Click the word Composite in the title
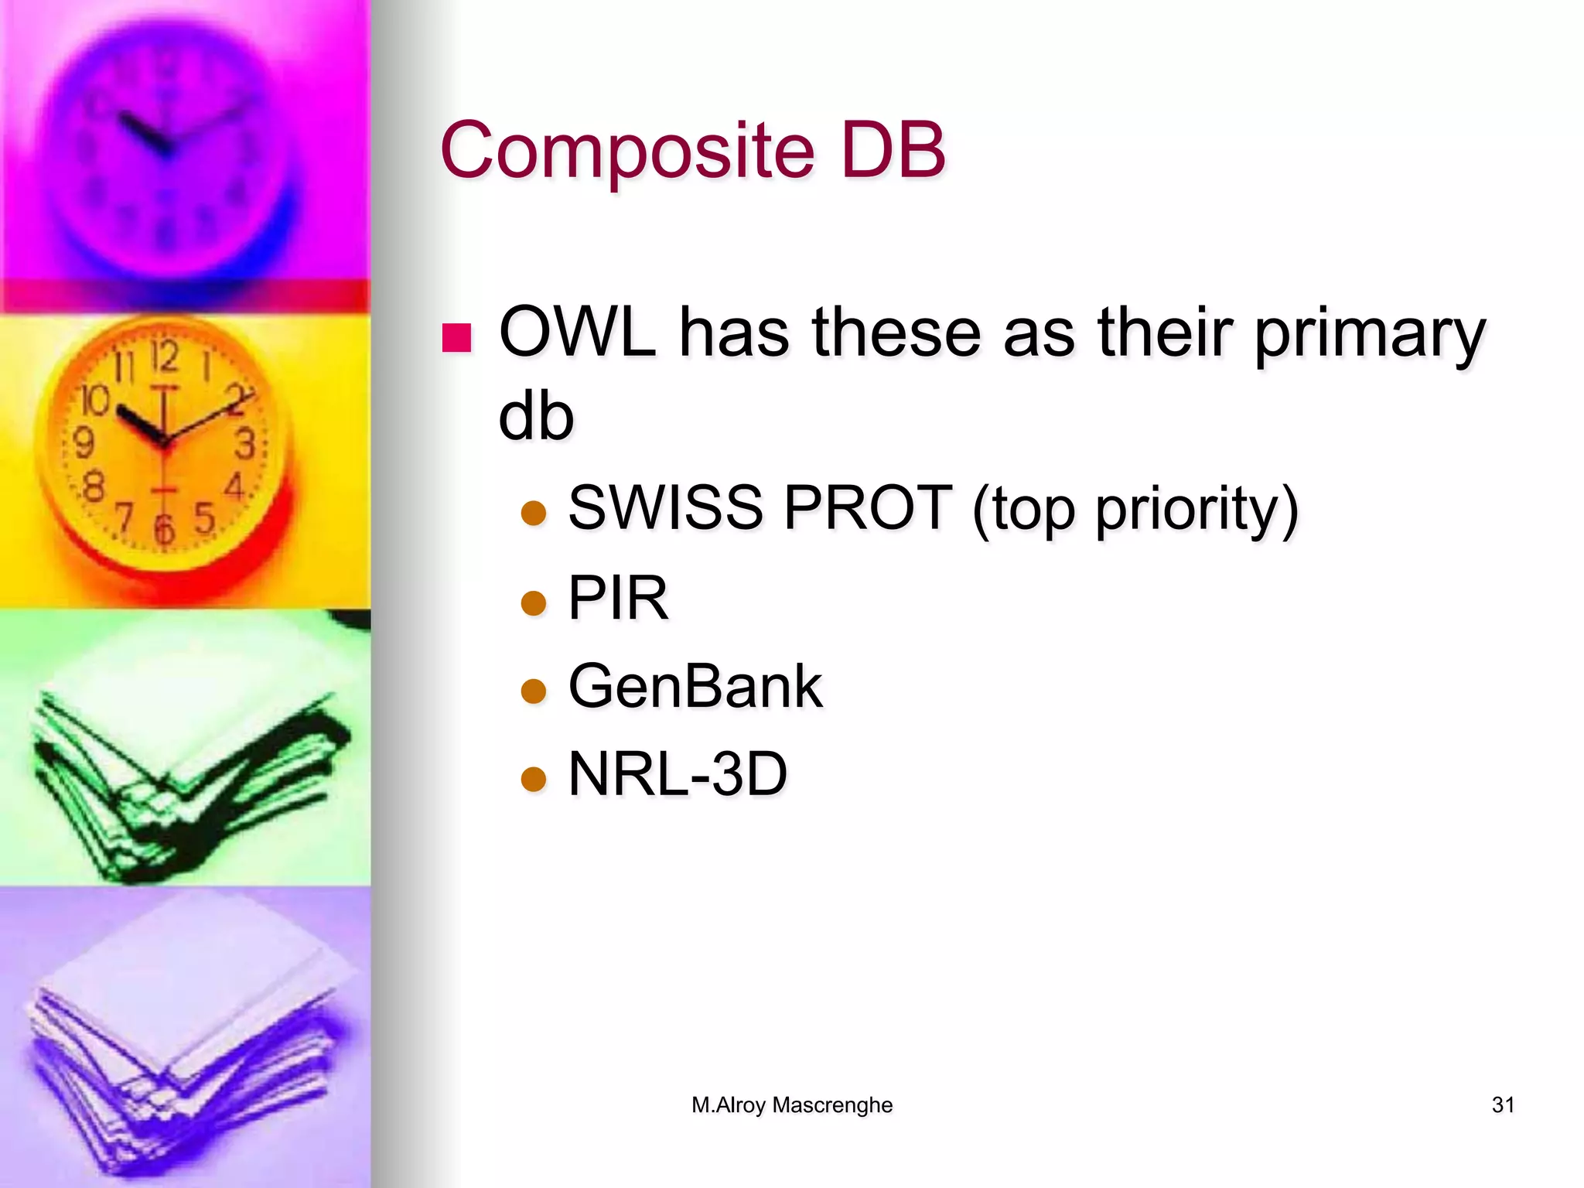pyautogui.click(x=627, y=150)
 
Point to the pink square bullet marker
pyautogui.click(x=456, y=337)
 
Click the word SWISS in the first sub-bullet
pyautogui.click(x=665, y=508)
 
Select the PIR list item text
pyautogui.click(x=618, y=598)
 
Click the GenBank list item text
pyautogui.click(x=695, y=686)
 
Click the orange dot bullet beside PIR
pyautogui.click(x=534, y=603)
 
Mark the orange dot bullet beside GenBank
pyautogui.click(x=534, y=691)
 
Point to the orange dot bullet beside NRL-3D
pyautogui.click(x=534, y=779)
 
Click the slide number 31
pyautogui.click(x=1502, y=1104)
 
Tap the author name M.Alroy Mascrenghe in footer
pyautogui.click(x=792, y=1104)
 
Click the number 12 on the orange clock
pyautogui.click(x=165, y=357)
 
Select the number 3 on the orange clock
pyautogui.click(x=245, y=444)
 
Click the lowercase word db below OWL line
pyautogui.click(x=536, y=417)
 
